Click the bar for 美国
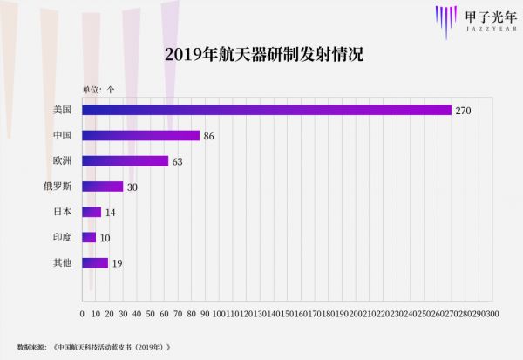267,110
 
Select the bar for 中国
140,136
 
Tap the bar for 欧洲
125,161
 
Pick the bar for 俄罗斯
102,187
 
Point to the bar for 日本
92,212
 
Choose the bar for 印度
89,237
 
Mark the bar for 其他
95,262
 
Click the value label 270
463,111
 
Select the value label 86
209,136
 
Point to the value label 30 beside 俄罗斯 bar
132,187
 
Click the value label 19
117,262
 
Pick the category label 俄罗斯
58,187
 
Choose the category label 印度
62,237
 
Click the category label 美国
62,111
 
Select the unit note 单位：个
98,89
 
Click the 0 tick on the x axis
82,313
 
